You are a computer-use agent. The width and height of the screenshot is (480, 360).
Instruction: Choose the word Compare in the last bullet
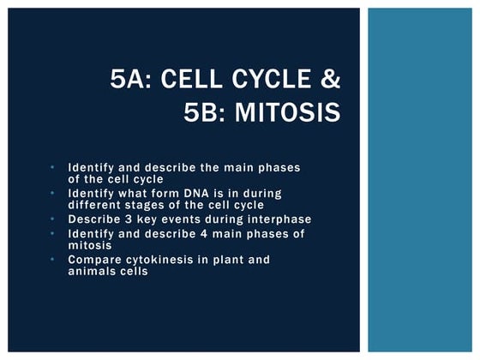point(95,260)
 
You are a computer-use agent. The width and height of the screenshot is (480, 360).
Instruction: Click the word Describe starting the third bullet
point(97,219)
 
